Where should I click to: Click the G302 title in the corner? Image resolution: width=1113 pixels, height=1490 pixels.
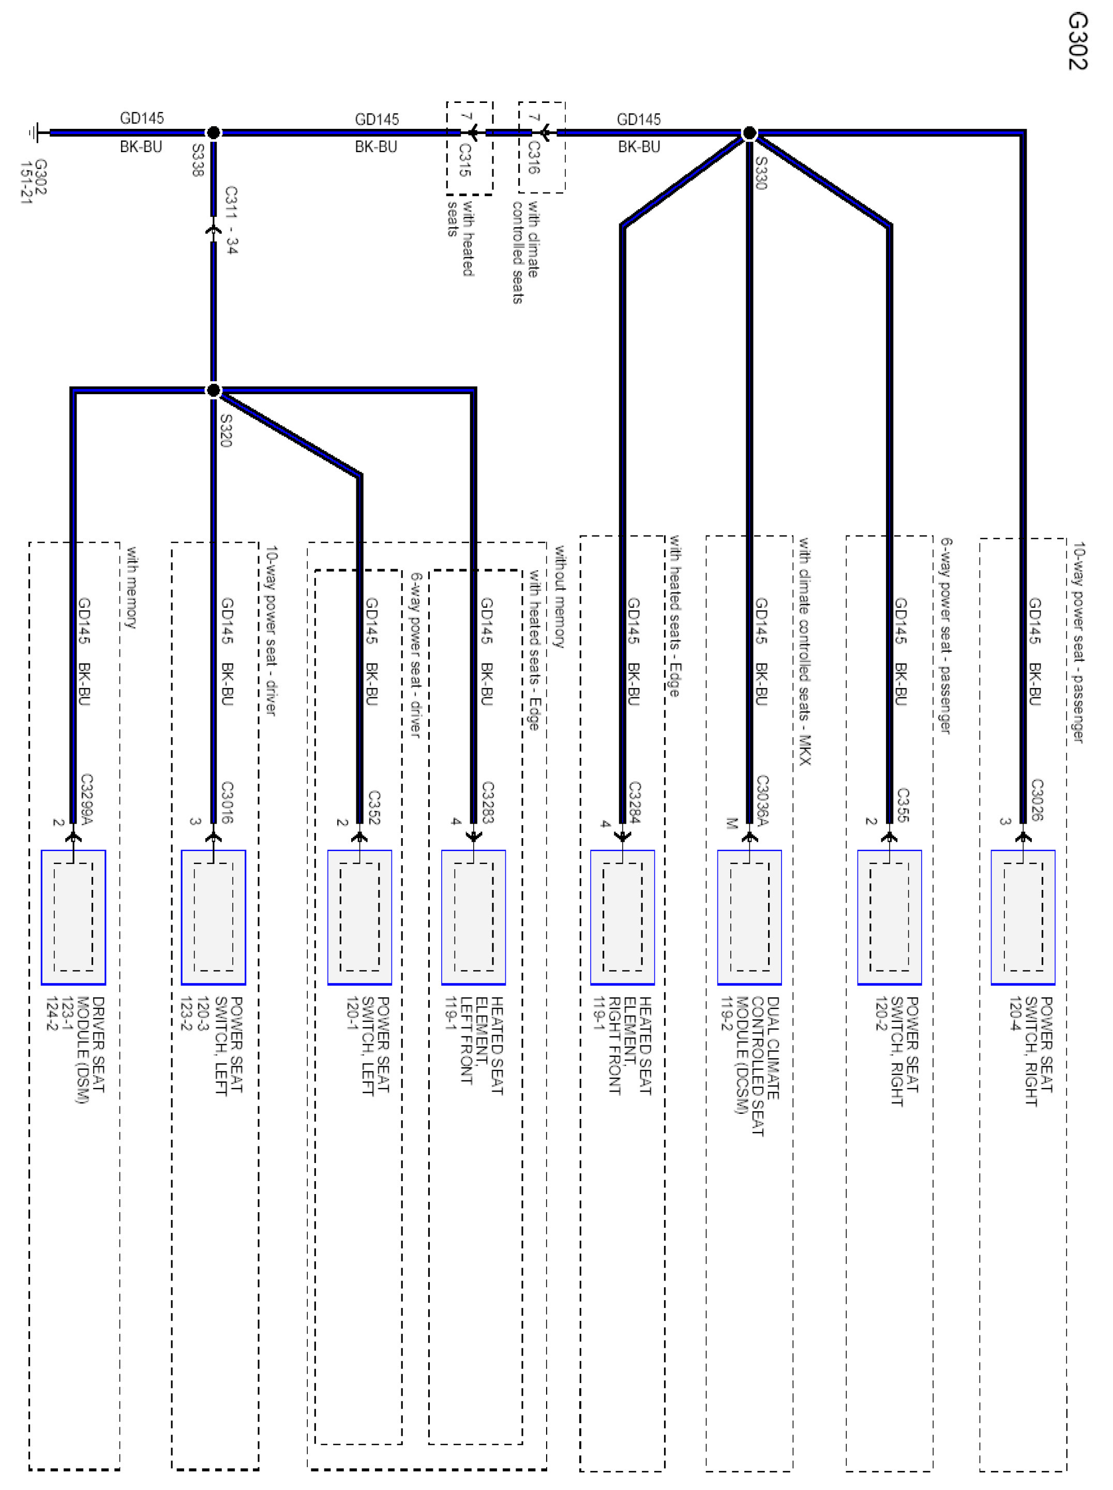click(1077, 42)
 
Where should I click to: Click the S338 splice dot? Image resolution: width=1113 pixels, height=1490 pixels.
click(213, 132)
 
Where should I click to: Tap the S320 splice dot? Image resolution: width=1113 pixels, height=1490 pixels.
click(213, 390)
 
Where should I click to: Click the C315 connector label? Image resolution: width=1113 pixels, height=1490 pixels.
click(464, 160)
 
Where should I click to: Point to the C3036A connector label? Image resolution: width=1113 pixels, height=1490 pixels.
click(762, 799)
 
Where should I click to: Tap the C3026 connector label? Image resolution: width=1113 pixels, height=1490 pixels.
click(1037, 799)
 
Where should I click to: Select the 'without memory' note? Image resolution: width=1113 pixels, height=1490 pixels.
click(559, 596)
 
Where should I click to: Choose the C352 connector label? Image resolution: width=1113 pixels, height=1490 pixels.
click(374, 807)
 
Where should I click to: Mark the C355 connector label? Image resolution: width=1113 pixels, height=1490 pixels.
click(903, 805)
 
